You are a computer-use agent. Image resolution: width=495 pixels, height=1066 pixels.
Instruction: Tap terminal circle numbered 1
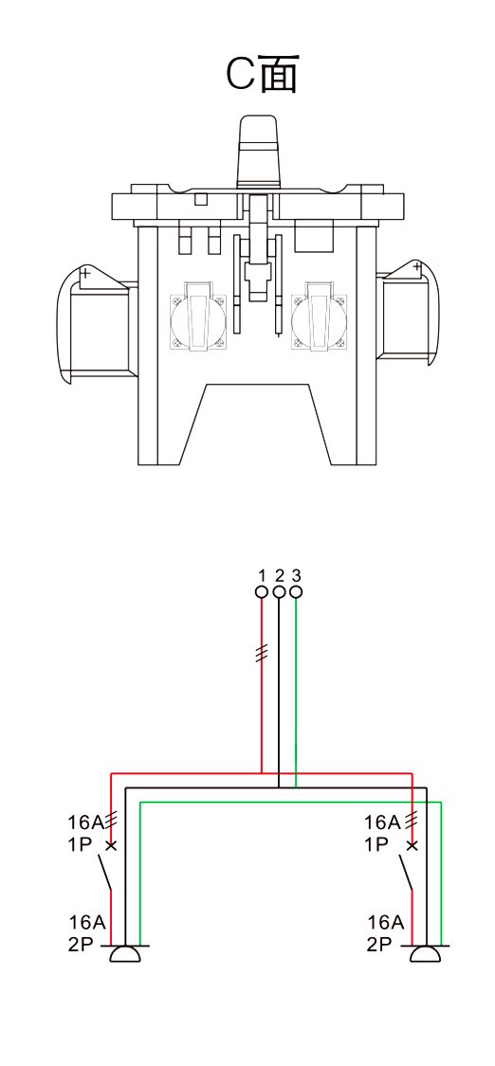point(262,592)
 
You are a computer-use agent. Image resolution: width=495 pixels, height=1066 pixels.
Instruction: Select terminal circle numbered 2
point(279,592)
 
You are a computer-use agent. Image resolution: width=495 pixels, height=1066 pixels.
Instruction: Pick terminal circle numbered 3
point(296,592)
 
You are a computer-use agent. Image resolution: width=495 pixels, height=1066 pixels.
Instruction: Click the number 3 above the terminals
point(296,575)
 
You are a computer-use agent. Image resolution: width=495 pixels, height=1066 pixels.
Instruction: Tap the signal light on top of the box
point(258,151)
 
